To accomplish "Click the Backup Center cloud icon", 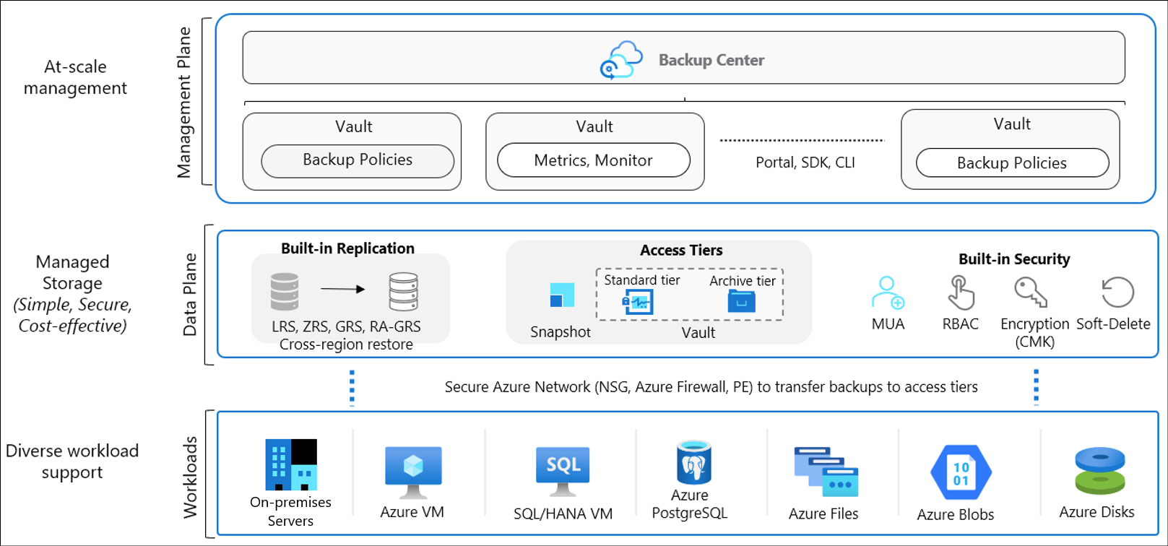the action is click(621, 60).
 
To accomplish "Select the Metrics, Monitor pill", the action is click(593, 160).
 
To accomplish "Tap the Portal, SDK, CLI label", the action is click(805, 162).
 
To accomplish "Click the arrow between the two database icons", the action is click(342, 289).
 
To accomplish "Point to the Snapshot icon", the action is click(562, 295).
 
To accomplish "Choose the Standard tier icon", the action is click(637, 302).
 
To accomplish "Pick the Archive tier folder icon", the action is click(742, 301).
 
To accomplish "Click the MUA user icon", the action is click(888, 292).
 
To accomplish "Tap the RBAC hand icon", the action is click(961, 292).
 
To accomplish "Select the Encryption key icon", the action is click(1030, 292).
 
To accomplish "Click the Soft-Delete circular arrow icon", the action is click(1117, 292).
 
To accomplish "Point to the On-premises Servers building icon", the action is click(291, 464).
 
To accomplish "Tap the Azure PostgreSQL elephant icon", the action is click(693, 462).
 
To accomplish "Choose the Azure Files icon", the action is click(826, 472).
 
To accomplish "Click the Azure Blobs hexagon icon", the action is click(961, 472).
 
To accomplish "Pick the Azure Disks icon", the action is click(1100, 470).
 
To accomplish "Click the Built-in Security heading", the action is click(1014, 259).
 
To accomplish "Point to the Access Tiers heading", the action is click(681, 251).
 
